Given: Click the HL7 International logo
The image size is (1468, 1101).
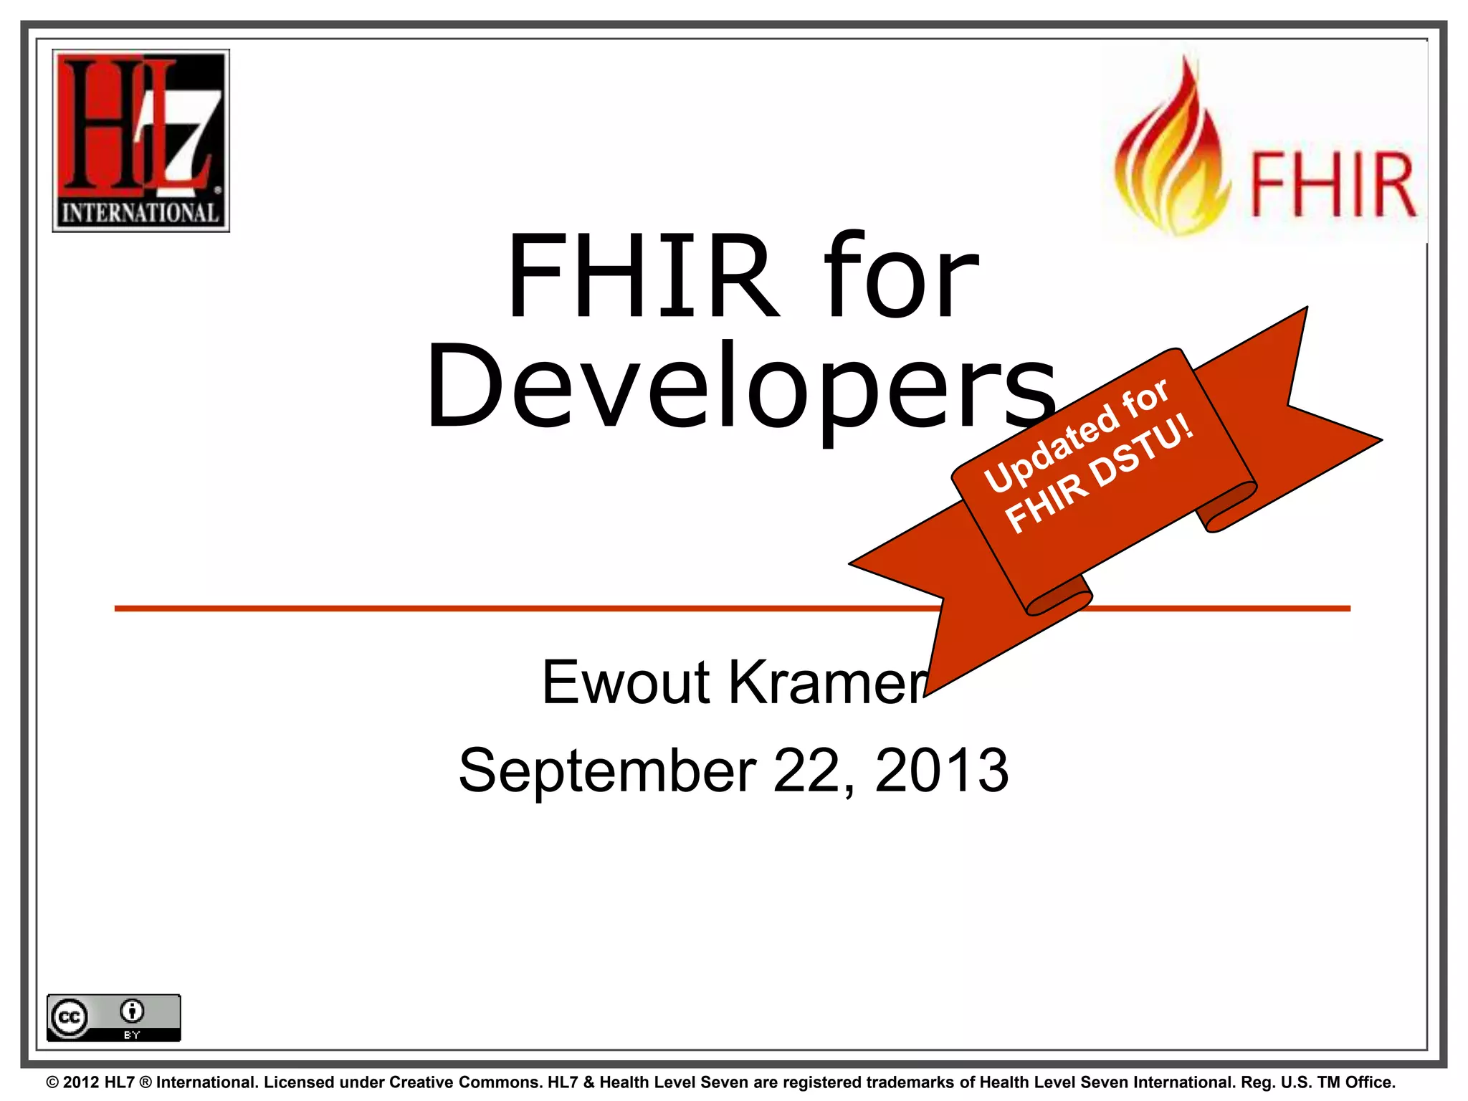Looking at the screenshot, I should click(140, 140).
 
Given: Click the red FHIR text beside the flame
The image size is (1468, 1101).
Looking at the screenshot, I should click(1333, 185).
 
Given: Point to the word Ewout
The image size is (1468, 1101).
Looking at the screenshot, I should click(626, 682).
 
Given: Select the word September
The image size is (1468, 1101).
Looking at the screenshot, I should click(608, 771).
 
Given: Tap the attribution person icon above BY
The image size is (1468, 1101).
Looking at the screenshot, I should click(132, 1011).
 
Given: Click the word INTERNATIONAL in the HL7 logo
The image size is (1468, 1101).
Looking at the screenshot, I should click(140, 213).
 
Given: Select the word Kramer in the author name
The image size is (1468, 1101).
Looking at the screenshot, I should click(828, 682).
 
